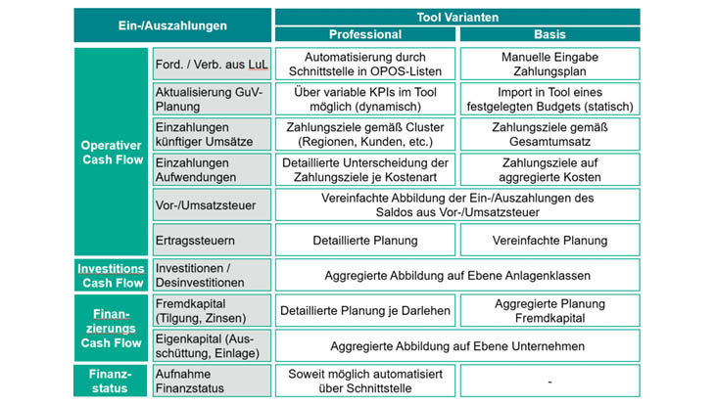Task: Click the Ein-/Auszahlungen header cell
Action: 172,25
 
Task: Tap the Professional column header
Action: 364,34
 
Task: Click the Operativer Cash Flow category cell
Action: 112,152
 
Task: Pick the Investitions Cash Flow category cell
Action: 112,275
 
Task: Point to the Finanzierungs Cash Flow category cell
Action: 112,329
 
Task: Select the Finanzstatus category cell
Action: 112,381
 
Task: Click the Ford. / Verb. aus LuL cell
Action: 211,65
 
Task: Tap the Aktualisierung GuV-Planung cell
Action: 211,99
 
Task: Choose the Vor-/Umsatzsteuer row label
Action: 211,204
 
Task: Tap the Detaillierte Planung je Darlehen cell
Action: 364,311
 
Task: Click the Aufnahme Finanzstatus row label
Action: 211,381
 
